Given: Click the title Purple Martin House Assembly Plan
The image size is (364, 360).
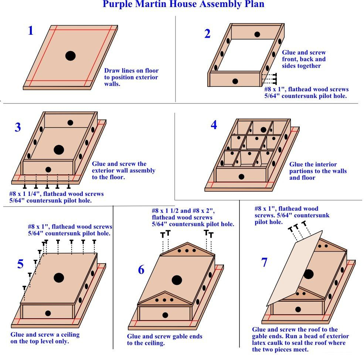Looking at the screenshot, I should pyautogui.click(x=183, y=5).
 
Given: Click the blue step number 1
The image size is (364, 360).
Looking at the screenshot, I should pyautogui.click(x=31, y=31).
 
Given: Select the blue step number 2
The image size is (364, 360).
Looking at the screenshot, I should pyautogui.click(x=207, y=34).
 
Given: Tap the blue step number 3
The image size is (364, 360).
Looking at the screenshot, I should pyautogui.click(x=18, y=128).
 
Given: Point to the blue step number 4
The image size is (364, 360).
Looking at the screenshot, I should pyautogui.click(x=214, y=125).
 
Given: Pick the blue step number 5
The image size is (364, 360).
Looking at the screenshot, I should pyautogui.click(x=20, y=264).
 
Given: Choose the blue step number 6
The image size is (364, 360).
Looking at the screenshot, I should pyautogui.click(x=141, y=270).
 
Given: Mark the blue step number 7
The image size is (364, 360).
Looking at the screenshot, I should pyautogui.click(x=264, y=263).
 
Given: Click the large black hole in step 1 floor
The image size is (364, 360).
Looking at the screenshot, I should pyautogui.click(x=70, y=56).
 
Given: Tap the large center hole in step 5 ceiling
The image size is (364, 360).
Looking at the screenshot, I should pyautogui.click(x=59, y=278).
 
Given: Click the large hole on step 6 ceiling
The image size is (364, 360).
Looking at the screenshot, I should pyautogui.click(x=177, y=280).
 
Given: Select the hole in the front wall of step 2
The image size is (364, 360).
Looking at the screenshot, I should pyautogui.click(x=235, y=81).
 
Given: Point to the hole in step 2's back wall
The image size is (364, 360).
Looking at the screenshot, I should pyautogui.click(x=257, y=34).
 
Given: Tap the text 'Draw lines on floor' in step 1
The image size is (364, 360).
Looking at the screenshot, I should pyautogui.click(x=131, y=71).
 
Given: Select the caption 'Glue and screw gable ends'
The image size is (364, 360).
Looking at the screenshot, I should pyautogui.click(x=165, y=336).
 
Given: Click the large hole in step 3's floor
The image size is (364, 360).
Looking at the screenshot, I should pyautogui.click(x=59, y=150).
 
